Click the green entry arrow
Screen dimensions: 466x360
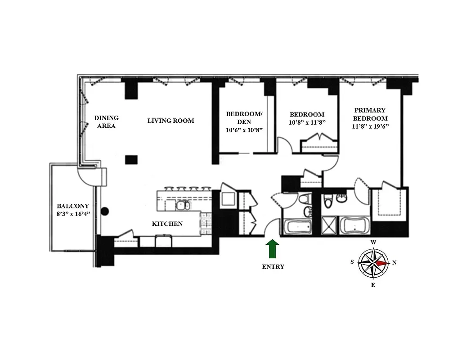click(x=273, y=248)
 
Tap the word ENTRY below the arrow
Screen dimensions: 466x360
click(x=273, y=266)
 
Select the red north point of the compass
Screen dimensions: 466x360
click(x=382, y=263)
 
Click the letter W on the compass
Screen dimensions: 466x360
click(x=373, y=242)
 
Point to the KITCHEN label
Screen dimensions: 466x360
click(x=167, y=224)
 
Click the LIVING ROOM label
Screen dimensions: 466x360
click(x=171, y=121)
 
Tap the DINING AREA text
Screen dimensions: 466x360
click(x=107, y=122)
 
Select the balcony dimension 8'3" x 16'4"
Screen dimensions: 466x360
click(x=72, y=214)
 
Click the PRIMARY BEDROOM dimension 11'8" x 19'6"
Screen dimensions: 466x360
click(x=370, y=126)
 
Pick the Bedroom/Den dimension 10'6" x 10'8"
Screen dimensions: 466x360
click(x=244, y=130)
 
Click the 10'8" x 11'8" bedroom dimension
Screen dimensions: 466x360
click(x=307, y=122)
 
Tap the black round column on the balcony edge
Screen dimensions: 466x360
click(x=105, y=210)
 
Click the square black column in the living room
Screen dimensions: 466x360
click(x=131, y=158)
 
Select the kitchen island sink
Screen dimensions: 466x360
click(x=182, y=205)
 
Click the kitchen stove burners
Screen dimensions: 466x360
click(x=206, y=223)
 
